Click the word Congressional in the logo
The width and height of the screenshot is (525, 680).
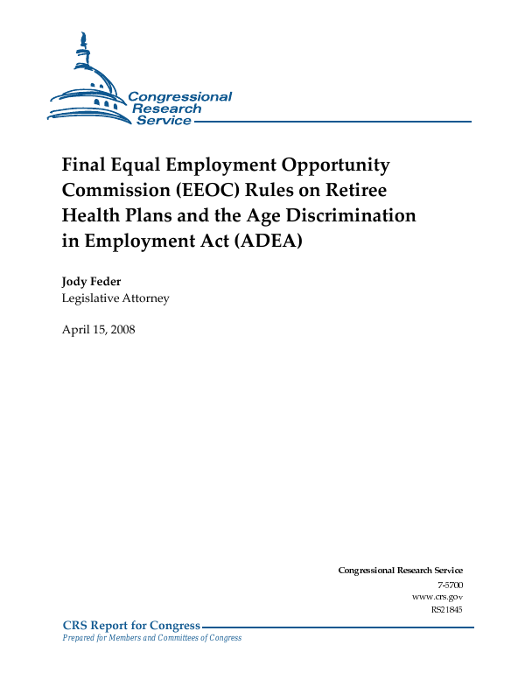pos(179,97)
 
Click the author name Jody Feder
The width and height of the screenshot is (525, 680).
pos(92,282)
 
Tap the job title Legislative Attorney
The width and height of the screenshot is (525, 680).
pos(115,298)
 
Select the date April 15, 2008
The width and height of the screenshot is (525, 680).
pos(98,330)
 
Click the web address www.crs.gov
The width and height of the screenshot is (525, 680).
pos(437,596)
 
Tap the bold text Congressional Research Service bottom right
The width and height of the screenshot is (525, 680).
pos(400,571)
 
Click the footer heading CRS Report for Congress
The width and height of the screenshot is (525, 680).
pos(131,625)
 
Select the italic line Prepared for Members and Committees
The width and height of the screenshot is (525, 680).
pos(151,638)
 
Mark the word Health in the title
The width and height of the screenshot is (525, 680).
pos(88,215)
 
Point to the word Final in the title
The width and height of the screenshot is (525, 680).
pos(83,165)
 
